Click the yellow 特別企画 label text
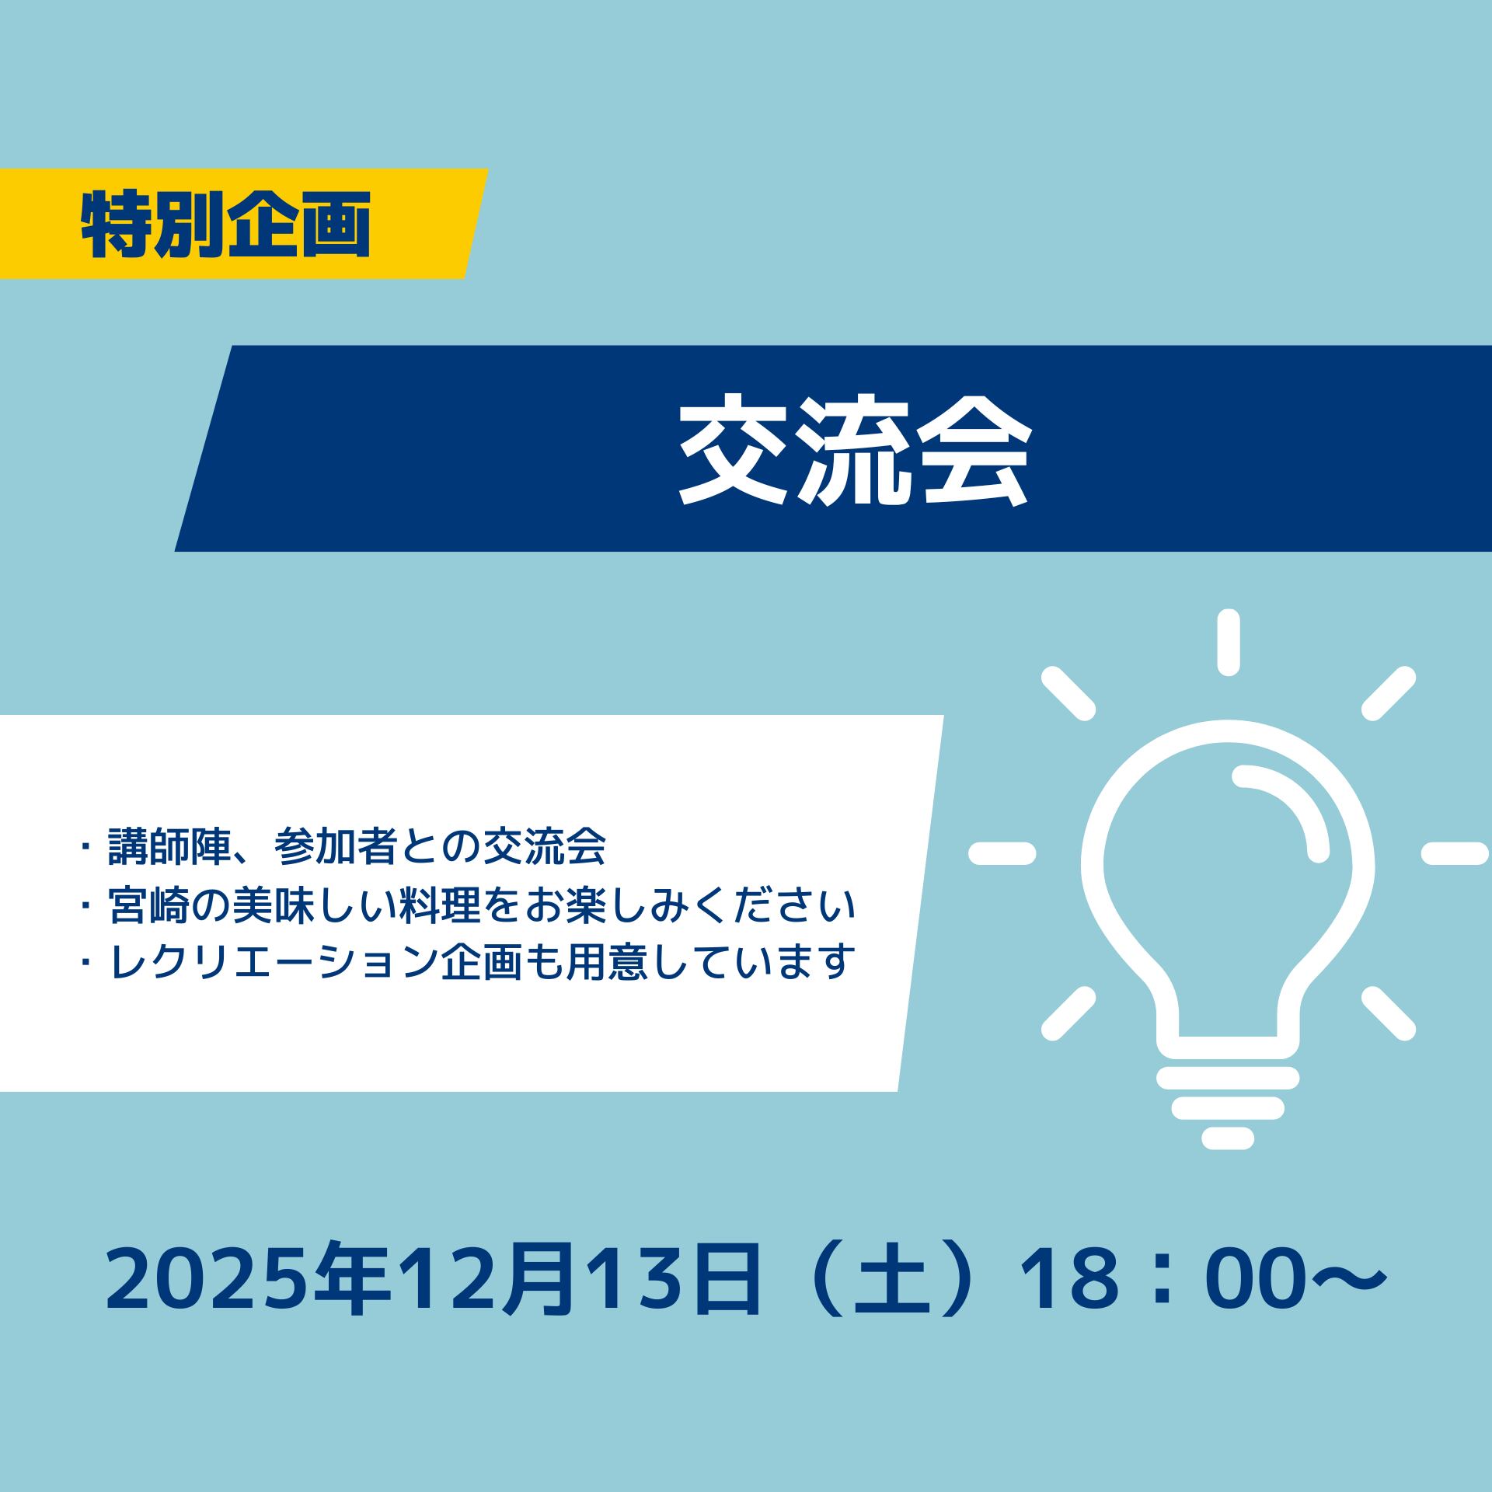pyautogui.click(x=225, y=224)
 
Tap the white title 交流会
pyautogui.click(x=855, y=449)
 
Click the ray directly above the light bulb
pyautogui.click(x=1228, y=643)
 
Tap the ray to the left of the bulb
pyautogui.click(x=1002, y=853)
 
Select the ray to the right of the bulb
pyautogui.click(x=1455, y=853)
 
